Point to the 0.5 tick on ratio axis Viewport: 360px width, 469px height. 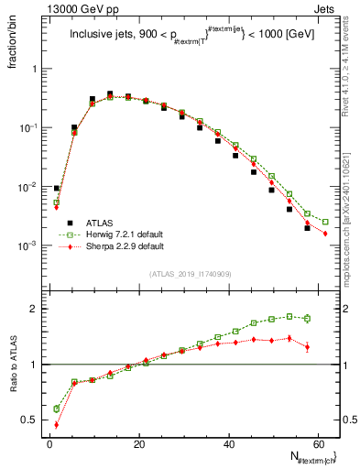click(x=31, y=420)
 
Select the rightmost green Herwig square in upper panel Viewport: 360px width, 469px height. click(x=325, y=222)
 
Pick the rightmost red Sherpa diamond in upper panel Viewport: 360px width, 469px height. click(x=325, y=234)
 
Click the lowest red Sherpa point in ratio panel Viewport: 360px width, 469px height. click(x=56, y=424)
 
